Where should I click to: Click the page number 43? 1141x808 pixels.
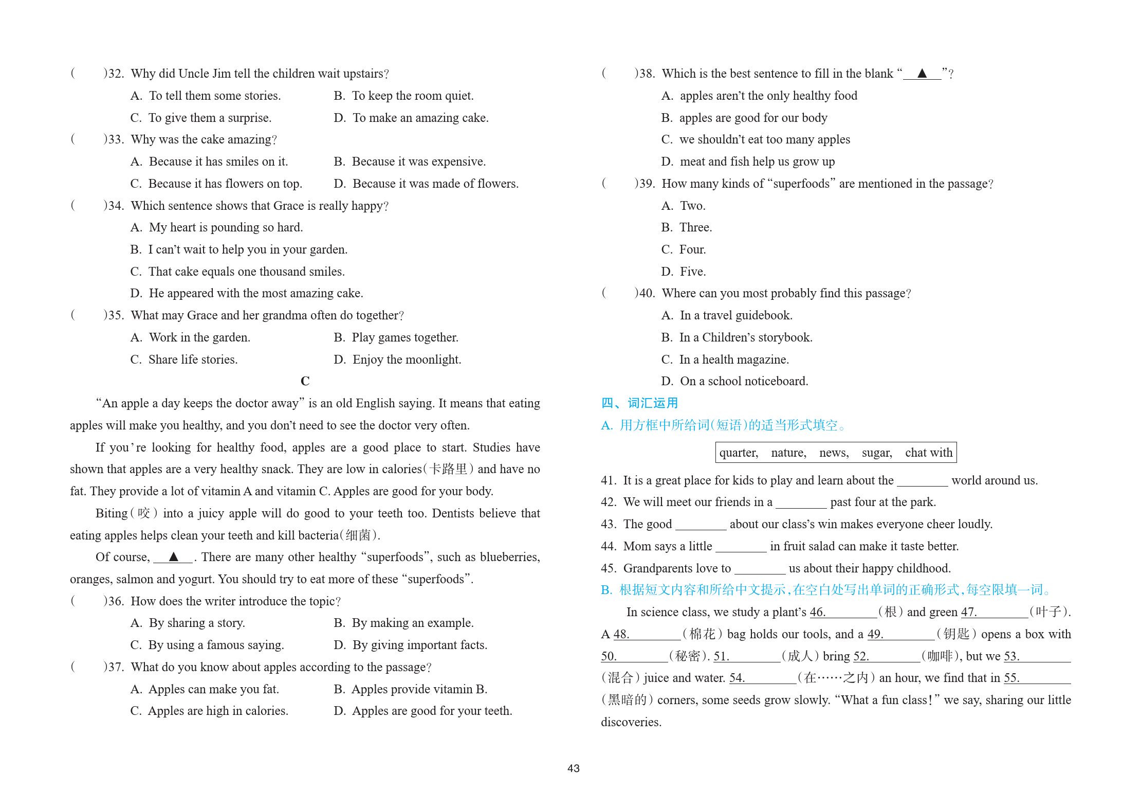point(573,768)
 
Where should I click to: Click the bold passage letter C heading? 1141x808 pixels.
point(305,381)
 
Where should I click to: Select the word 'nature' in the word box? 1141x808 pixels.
point(788,453)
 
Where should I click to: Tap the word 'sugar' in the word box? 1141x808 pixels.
point(876,453)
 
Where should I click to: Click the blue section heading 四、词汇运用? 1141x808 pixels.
point(639,403)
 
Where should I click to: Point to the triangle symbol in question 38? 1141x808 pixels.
point(922,74)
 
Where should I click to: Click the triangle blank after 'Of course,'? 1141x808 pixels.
point(173,557)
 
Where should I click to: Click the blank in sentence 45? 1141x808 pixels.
point(760,569)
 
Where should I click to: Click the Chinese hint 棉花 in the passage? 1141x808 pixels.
point(702,634)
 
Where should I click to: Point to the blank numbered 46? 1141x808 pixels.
point(843,613)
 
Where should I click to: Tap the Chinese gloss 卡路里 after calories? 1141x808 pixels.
point(448,469)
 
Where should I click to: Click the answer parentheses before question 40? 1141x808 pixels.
point(604,293)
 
